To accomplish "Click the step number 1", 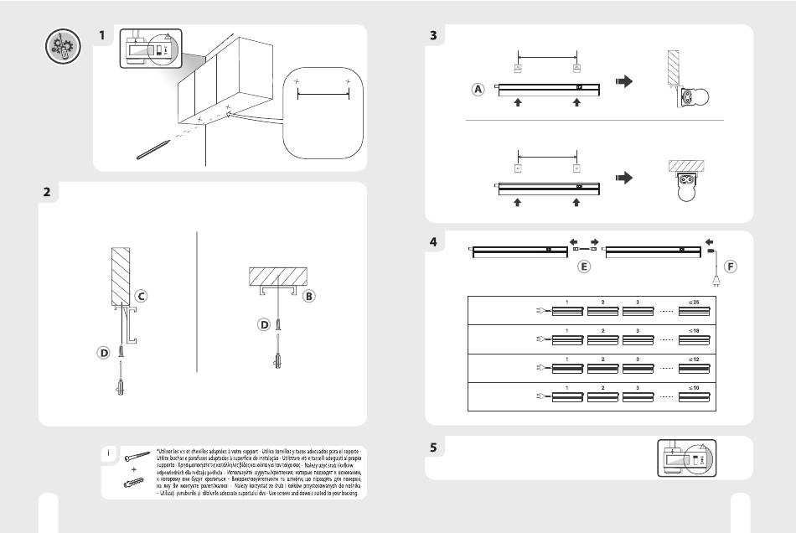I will (x=101, y=36).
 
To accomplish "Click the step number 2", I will (x=47, y=192).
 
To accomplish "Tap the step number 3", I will (x=433, y=36).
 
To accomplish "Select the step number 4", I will (x=433, y=242).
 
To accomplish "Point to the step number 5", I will (x=433, y=448).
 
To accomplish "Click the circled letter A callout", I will (x=478, y=90).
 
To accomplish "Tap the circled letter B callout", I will (x=308, y=296).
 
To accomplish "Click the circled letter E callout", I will (x=584, y=267).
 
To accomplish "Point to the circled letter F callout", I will (x=730, y=267).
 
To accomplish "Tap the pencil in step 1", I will (x=153, y=149).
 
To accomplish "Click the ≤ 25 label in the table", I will (x=695, y=301).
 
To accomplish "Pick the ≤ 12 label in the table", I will (x=695, y=359).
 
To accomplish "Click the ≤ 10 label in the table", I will (x=695, y=388).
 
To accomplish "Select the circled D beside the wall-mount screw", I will (x=104, y=354).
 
